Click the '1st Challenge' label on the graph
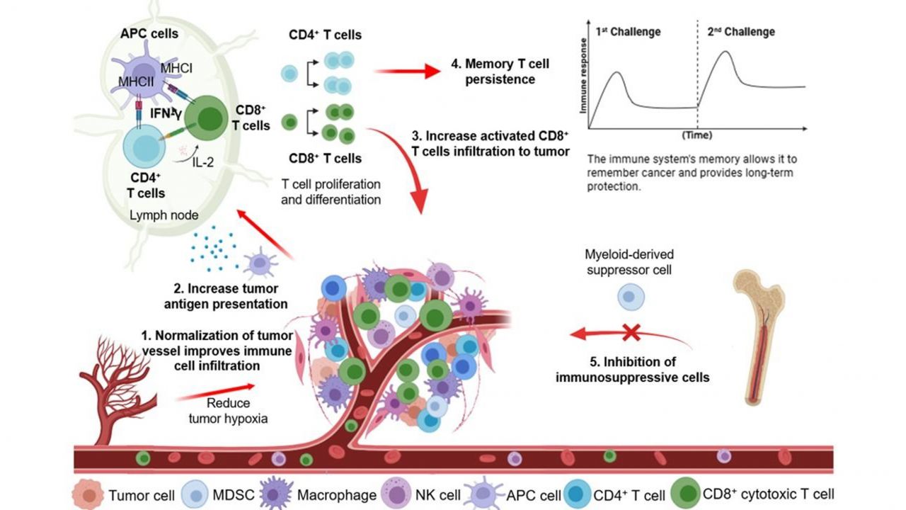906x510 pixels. (628, 32)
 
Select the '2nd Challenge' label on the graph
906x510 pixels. (741, 32)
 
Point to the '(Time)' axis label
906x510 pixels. (696, 135)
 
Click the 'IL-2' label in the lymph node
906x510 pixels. (204, 162)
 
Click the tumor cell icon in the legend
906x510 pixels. (89, 493)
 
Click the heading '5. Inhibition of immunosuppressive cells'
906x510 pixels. (633, 370)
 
